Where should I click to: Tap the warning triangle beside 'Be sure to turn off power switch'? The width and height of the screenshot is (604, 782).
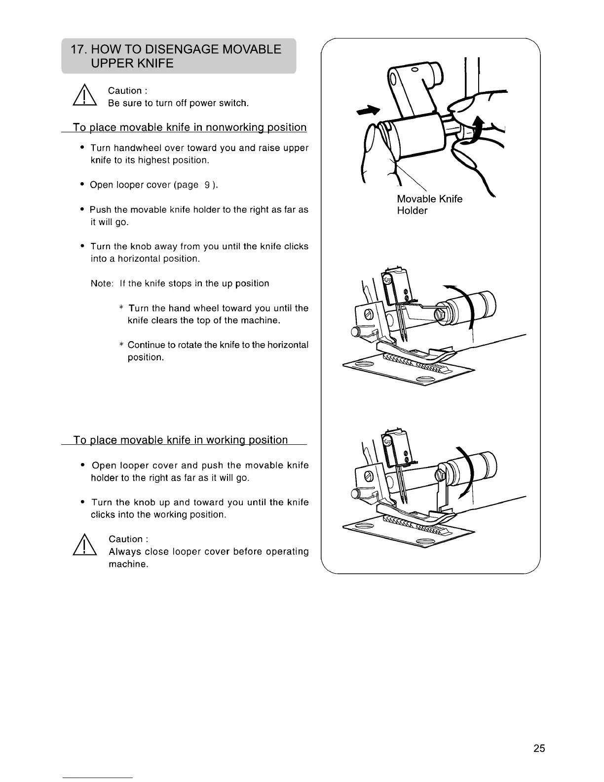pyautogui.click(x=84, y=97)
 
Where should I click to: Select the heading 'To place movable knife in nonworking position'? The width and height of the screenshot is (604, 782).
pyautogui.click(x=189, y=127)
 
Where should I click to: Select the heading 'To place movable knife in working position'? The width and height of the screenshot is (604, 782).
pyautogui.click(x=180, y=440)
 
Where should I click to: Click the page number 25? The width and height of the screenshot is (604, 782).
pyautogui.click(x=539, y=748)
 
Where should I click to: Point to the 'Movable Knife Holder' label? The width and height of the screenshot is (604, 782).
pyautogui.click(x=429, y=204)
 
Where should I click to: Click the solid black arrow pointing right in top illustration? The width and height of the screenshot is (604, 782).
pyautogui.click(x=372, y=112)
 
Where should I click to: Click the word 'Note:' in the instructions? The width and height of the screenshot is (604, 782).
pyautogui.click(x=102, y=284)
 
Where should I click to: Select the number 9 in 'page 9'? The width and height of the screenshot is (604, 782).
pyautogui.click(x=208, y=185)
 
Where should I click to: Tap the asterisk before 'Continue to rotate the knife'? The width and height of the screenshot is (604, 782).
pyautogui.click(x=121, y=345)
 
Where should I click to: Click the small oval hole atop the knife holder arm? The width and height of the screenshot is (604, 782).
pyautogui.click(x=415, y=69)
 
